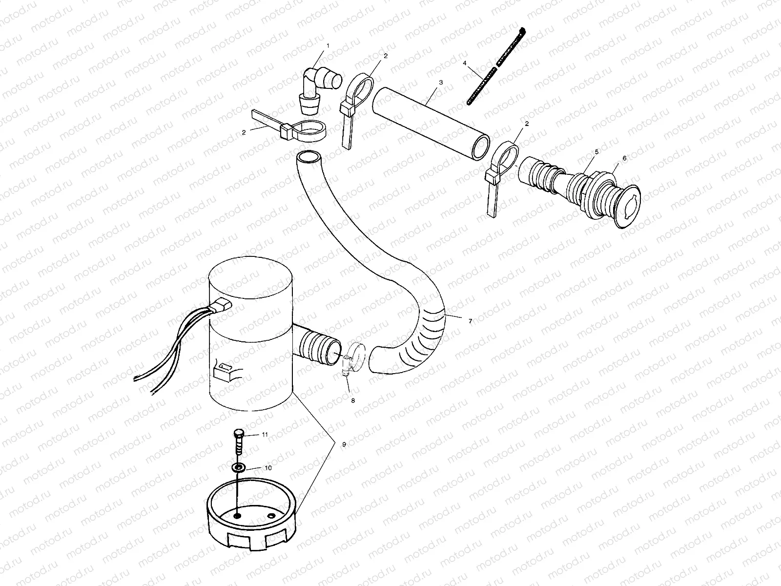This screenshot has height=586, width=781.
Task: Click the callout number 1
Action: [x=328, y=45]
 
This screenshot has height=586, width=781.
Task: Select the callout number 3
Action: [x=441, y=83]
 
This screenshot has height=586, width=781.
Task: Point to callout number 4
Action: [x=465, y=63]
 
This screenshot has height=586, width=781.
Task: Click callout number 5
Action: [x=596, y=152]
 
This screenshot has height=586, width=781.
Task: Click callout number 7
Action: [x=470, y=321]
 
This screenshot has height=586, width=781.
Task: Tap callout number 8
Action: [x=353, y=400]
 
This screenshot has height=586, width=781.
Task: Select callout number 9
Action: [x=344, y=444]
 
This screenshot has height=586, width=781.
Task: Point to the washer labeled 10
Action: [x=239, y=468]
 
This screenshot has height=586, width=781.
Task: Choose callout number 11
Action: [x=265, y=434]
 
